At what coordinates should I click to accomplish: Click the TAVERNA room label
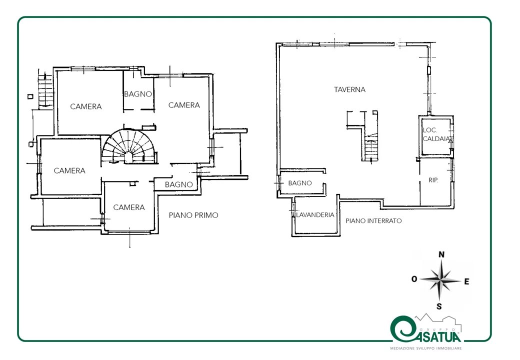[x=349, y=89]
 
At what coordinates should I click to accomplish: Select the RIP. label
[x=433, y=180]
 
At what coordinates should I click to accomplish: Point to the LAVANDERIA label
[x=315, y=215]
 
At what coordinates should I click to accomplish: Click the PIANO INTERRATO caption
[x=373, y=221]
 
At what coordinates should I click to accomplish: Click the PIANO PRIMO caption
[x=193, y=215]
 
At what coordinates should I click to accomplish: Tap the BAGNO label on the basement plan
[x=300, y=183]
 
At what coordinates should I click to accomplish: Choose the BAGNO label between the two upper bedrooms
[x=138, y=94]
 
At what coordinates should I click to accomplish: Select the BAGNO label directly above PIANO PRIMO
[x=179, y=184]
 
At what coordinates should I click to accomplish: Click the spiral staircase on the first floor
[x=129, y=147]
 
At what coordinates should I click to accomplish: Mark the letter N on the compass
[x=441, y=254]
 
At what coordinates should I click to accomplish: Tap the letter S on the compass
[x=439, y=306]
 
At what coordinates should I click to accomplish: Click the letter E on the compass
[x=466, y=282]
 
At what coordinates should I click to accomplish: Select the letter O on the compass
[x=414, y=279]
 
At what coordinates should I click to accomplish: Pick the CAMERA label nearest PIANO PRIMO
[x=129, y=207]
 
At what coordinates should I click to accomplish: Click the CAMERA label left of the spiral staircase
[x=69, y=170]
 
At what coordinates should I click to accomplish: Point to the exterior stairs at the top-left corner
[x=45, y=90]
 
